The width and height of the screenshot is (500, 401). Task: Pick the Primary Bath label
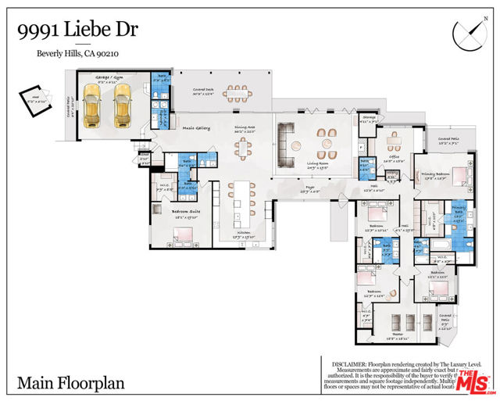[459, 208]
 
